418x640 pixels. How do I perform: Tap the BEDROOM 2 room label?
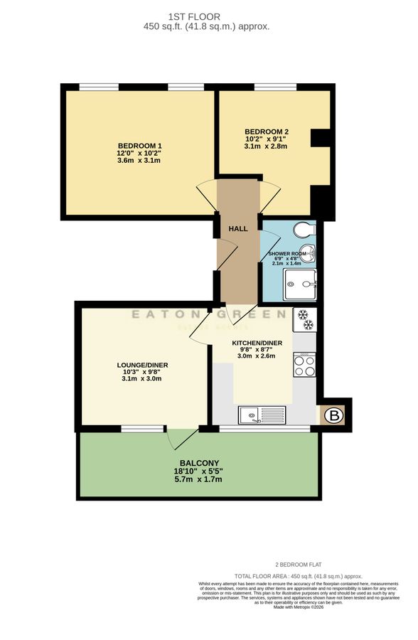tap(267, 132)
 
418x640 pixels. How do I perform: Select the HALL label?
tap(238, 229)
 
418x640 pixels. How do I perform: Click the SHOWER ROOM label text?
tap(288, 254)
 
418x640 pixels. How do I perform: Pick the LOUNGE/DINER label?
tap(142, 366)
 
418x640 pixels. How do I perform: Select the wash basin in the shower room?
tap(311, 254)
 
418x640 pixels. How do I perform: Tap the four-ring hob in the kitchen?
tap(304, 366)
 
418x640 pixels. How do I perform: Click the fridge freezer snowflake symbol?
tap(304, 320)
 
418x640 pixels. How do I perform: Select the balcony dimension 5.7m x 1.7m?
tap(199, 479)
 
